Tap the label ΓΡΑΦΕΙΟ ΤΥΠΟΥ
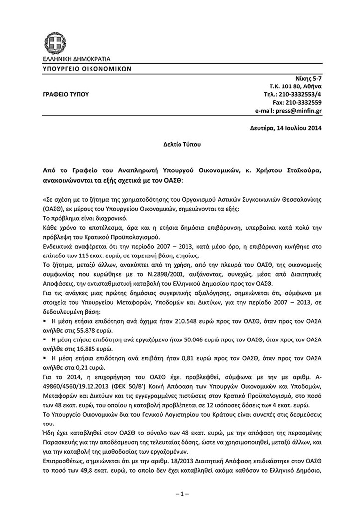click(x=64, y=94)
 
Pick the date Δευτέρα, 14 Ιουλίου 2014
click(x=285, y=128)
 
